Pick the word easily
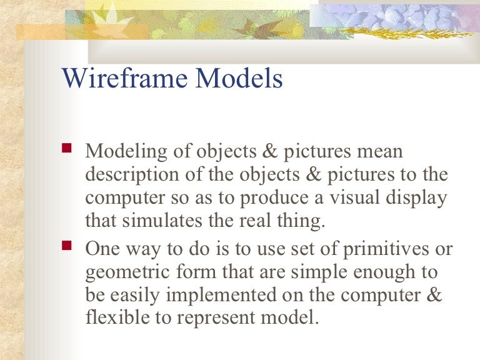click(x=137, y=295)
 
